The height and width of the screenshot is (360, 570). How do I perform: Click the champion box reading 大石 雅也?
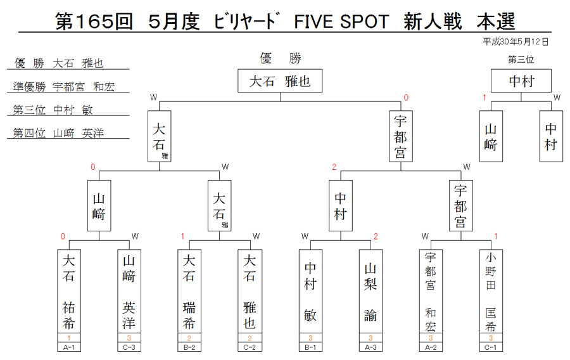pos(280,80)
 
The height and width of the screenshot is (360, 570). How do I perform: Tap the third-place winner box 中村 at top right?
pos(521,80)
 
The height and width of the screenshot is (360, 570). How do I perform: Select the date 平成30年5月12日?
pos(516,42)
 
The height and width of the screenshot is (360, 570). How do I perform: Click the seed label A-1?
pos(69,347)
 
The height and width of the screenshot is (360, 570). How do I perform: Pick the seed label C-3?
pos(129,347)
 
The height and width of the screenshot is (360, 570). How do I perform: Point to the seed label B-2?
pos(189,347)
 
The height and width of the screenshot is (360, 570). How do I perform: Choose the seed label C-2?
pos(250,347)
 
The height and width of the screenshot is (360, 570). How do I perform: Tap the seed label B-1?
pos(310,347)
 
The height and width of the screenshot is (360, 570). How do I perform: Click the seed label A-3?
pos(370,347)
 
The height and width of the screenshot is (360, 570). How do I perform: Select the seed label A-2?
pos(431,347)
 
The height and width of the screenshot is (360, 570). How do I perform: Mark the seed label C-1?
pos(491,347)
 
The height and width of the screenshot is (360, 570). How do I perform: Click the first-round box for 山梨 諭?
pos(370,291)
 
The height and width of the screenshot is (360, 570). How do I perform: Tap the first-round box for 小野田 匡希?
pos(491,291)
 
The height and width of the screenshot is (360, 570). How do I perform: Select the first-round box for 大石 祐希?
pos(69,291)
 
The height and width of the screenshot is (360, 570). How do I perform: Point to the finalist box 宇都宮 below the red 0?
pos(401,136)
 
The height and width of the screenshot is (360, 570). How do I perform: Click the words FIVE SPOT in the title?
pos(341,22)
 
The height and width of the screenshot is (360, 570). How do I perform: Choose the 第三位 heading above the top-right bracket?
pos(521,60)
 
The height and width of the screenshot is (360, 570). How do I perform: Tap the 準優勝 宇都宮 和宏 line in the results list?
pos(64,87)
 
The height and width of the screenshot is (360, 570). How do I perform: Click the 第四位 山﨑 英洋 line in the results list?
pos(58,133)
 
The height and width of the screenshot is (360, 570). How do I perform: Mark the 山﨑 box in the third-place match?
pos(491,136)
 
